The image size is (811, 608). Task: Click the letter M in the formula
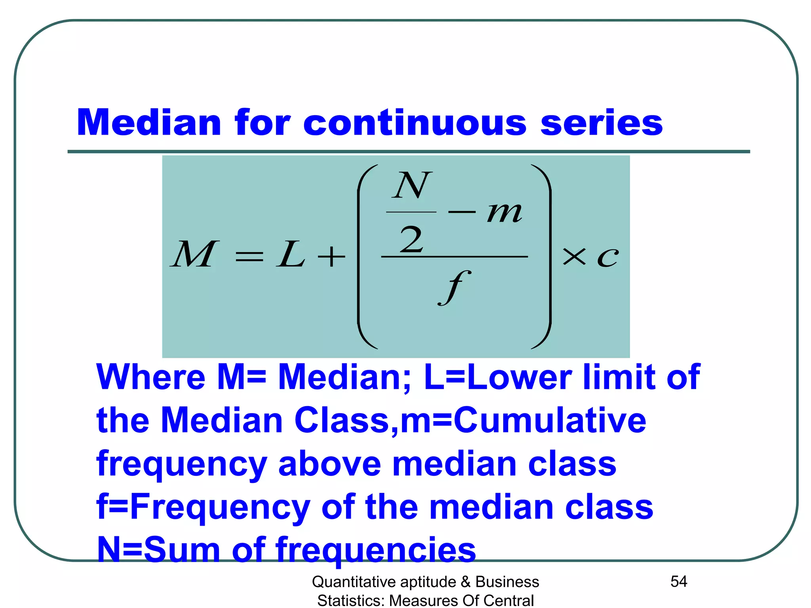click(194, 255)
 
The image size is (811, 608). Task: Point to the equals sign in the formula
click(249, 256)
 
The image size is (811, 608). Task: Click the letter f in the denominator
click(454, 287)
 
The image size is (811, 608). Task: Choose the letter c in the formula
click(607, 257)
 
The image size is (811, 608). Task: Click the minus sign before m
click(462, 213)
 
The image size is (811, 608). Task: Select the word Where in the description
click(151, 377)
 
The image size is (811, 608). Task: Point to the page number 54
click(678, 581)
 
